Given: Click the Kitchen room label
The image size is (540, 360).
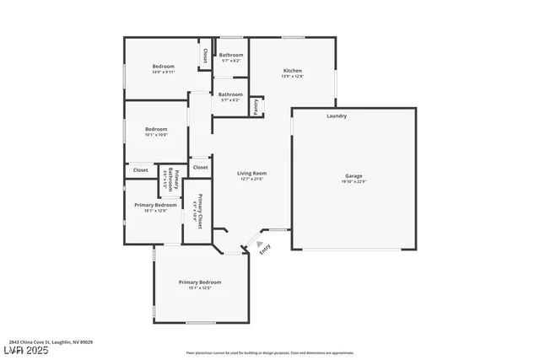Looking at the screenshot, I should [x=292, y=71].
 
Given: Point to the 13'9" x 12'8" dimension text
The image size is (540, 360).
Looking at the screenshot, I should [x=292, y=77].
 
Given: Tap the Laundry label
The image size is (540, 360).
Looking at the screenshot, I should [x=337, y=116].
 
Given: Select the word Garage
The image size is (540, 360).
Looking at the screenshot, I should [x=354, y=175].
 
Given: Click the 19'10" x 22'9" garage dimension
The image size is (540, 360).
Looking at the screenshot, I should [x=354, y=181].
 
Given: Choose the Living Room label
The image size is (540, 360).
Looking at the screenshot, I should [x=252, y=173].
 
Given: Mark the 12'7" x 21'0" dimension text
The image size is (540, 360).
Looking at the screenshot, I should [x=252, y=179].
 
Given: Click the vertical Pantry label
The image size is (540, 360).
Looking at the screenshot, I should [x=256, y=107].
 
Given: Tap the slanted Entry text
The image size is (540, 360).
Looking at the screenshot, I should [x=265, y=249].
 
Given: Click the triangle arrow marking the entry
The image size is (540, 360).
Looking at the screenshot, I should [x=259, y=244].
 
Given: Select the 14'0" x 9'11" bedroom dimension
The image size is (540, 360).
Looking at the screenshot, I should [x=164, y=72].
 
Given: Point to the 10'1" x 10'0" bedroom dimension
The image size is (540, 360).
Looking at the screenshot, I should [x=156, y=134].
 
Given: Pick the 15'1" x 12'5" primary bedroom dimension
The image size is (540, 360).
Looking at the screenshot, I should [x=200, y=287].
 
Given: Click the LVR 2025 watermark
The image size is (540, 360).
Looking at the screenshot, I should [x=24, y=351].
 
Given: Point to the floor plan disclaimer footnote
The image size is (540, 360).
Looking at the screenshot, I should [x=269, y=352].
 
